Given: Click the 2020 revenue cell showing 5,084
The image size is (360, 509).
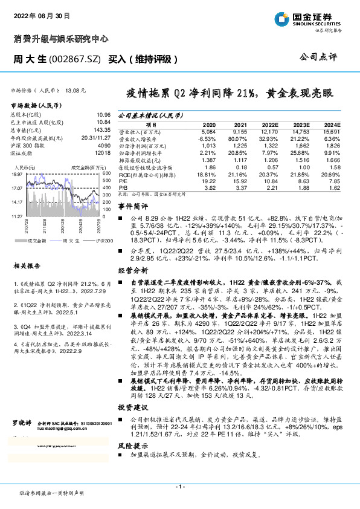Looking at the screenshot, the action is [207, 131].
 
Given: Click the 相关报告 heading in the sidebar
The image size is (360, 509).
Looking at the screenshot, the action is [28, 248].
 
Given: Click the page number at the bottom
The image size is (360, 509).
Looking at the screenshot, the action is [179, 486].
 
